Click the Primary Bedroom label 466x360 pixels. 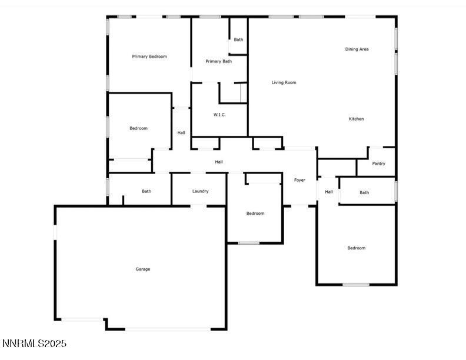tap(149, 56)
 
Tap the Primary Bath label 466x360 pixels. tap(218, 61)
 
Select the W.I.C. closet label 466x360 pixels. tap(219, 115)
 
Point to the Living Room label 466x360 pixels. tap(284, 82)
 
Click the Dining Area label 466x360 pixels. tap(357, 49)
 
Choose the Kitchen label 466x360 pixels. tap(356, 119)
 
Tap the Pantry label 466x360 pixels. tap(379, 164)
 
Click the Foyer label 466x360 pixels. tap(299, 180)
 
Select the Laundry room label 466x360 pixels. tap(200, 191)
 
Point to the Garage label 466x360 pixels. tap(143, 269)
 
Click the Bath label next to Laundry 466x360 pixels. tap(146, 191)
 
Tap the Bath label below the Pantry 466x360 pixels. tap(364, 192)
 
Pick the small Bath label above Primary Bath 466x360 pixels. tap(238, 39)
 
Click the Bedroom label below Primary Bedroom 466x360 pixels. tap(138, 128)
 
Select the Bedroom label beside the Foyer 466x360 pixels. tap(255, 214)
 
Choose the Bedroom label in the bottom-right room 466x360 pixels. tap(356, 248)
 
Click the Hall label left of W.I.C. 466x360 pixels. tap(181, 132)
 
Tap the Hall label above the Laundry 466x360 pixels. tap(218, 162)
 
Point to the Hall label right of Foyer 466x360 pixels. tap(329, 192)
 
